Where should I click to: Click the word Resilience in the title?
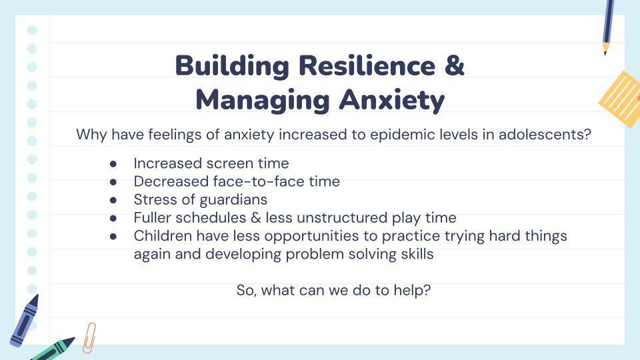coord(367,65)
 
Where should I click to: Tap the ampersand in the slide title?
coord(455,65)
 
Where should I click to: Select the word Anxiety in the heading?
coord(392,100)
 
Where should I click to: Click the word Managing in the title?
coord(263,101)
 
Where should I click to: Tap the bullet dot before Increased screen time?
coord(113,164)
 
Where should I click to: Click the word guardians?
coord(233,200)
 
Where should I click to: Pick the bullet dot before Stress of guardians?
coord(113,201)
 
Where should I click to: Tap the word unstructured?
coord(342,217)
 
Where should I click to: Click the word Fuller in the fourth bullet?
coord(150,217)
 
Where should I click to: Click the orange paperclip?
coord(89,338)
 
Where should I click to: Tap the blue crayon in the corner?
coord(24,321)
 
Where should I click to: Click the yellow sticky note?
coord(621,99)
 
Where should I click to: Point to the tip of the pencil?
coord(605,54)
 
